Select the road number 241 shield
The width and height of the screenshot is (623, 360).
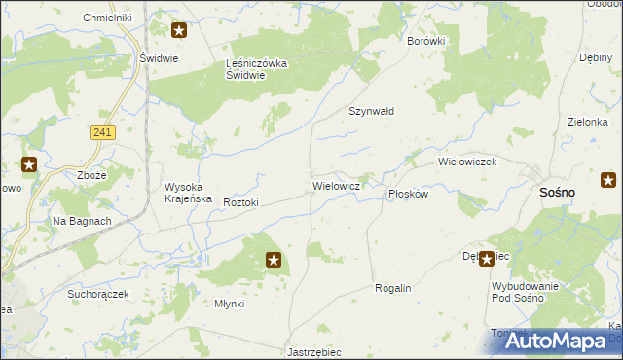100,131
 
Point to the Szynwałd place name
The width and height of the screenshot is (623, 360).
372,111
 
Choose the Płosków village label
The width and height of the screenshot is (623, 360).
408,194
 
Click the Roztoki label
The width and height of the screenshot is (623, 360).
240,202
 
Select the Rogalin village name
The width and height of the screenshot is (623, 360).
394,289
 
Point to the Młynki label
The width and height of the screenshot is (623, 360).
230,304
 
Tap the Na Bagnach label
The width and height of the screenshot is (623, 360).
82,222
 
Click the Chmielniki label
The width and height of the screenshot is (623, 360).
108,18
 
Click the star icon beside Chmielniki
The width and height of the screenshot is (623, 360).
179,29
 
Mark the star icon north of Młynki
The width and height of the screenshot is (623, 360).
275,260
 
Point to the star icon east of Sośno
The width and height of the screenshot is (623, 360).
608,179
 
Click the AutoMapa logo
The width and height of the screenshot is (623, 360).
553,341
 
